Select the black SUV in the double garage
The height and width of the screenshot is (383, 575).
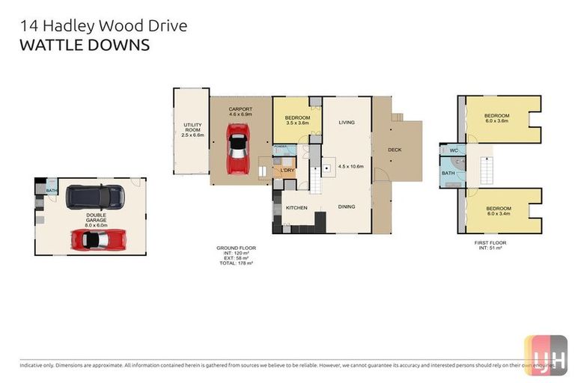(x=95, y=197)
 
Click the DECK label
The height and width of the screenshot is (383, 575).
(x=395, y=150)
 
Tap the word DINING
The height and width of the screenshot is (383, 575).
(x=346, y=207)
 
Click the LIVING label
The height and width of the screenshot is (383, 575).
(x=346, y=122)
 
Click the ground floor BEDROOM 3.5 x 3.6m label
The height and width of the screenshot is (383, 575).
(x=297, y=120)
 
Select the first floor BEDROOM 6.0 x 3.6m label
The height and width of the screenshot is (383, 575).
(x=497, y=117)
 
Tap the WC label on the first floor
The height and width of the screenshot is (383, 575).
(x=453, y=149)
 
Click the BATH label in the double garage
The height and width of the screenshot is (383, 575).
(x=52, y=190)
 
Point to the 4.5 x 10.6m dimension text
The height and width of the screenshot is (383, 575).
(x=350, y=166)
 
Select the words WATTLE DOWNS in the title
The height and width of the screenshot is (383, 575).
(x=84, y=45)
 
